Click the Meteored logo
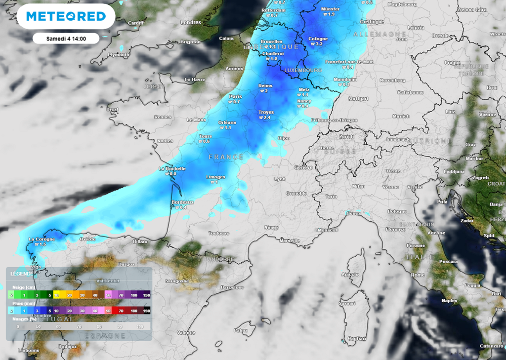click(66, 16)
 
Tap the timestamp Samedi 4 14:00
click(66, 38)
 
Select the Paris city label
click(235, 96)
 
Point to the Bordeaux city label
click(182, 202)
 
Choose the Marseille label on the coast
click(290, 240)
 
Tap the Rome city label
click(418, 275)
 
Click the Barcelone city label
click(232, 287)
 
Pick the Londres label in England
click(191, 22)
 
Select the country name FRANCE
click(226, 157)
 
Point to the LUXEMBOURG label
click(303, 70)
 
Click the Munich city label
click(401, 117)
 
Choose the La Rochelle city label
click(172, 168)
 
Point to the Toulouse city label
click(218, 233)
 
